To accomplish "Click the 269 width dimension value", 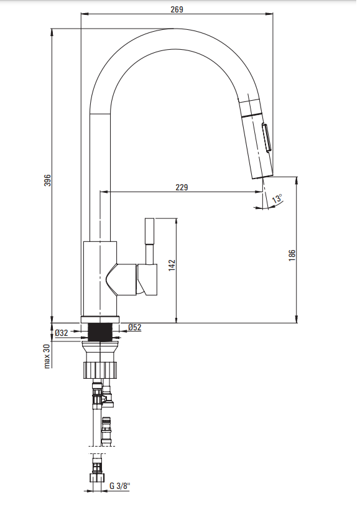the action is [x=177, y=9].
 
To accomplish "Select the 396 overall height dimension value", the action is [x=48, y=180].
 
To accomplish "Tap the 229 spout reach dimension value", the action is [x=182, y=187].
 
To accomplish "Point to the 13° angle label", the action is [x=277, y=198].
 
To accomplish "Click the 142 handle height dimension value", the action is [x=172, y=266].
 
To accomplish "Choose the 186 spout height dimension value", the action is [x=292, y=255].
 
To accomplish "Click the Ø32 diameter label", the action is [x=62, y=333].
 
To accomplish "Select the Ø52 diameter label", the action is [x=135, y=327].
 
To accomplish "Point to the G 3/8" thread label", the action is [x=120, y=486].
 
